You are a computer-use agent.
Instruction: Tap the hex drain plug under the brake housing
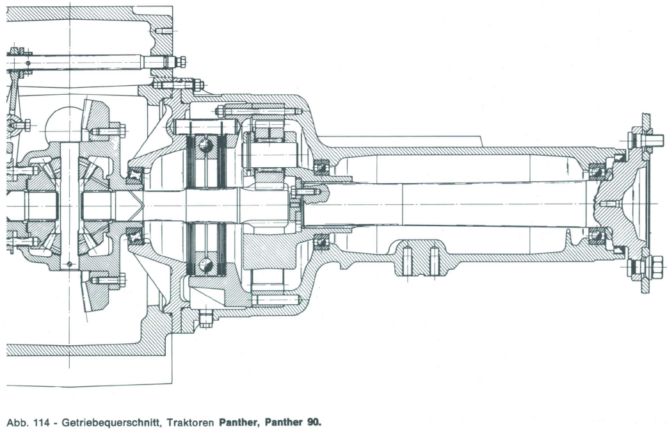(205, 319)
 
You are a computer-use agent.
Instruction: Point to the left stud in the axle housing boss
(407, 259)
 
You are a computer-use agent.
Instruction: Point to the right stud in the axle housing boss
(434, 259)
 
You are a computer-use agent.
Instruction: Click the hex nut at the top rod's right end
(181, 61)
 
